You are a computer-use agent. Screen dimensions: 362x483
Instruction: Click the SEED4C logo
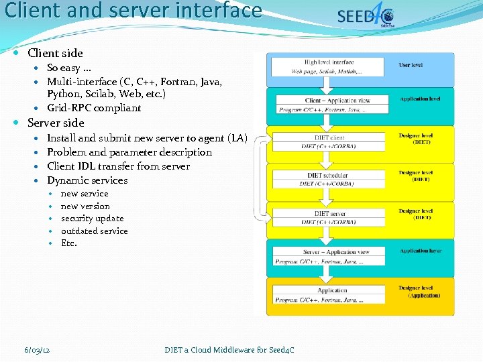coord(365,16)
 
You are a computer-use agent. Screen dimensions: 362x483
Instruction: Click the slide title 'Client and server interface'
coord(133,11)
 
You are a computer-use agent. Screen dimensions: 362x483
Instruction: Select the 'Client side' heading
coord(55,53)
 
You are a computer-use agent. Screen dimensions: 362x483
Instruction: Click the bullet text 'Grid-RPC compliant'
coord(94,108)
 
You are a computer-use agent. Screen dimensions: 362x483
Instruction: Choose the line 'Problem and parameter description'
coord(129,152)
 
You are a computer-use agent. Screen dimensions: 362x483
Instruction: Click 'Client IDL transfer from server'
coord(118,166)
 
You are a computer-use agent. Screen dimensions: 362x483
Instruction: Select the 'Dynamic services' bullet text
coord(87,180)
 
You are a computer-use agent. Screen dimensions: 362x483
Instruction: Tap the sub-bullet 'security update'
coord(93,219)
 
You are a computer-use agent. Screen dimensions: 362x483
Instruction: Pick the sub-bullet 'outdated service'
coord(95,231)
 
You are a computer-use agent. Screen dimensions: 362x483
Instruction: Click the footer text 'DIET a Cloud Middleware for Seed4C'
coord(229,350)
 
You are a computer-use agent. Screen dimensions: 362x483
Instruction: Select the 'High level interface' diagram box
coord(329,67)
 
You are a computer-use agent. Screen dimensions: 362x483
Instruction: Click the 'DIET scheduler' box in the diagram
coord(329,179)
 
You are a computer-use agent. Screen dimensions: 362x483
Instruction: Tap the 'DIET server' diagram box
coord(329,217)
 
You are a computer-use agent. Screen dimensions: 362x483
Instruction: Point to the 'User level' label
coord(411,65)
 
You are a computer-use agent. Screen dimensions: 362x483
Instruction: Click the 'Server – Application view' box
coord(329,256)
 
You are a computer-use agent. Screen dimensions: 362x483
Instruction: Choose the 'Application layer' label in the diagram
coord(419,251)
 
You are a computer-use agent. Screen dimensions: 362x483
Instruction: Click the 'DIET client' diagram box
coord(329,141)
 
